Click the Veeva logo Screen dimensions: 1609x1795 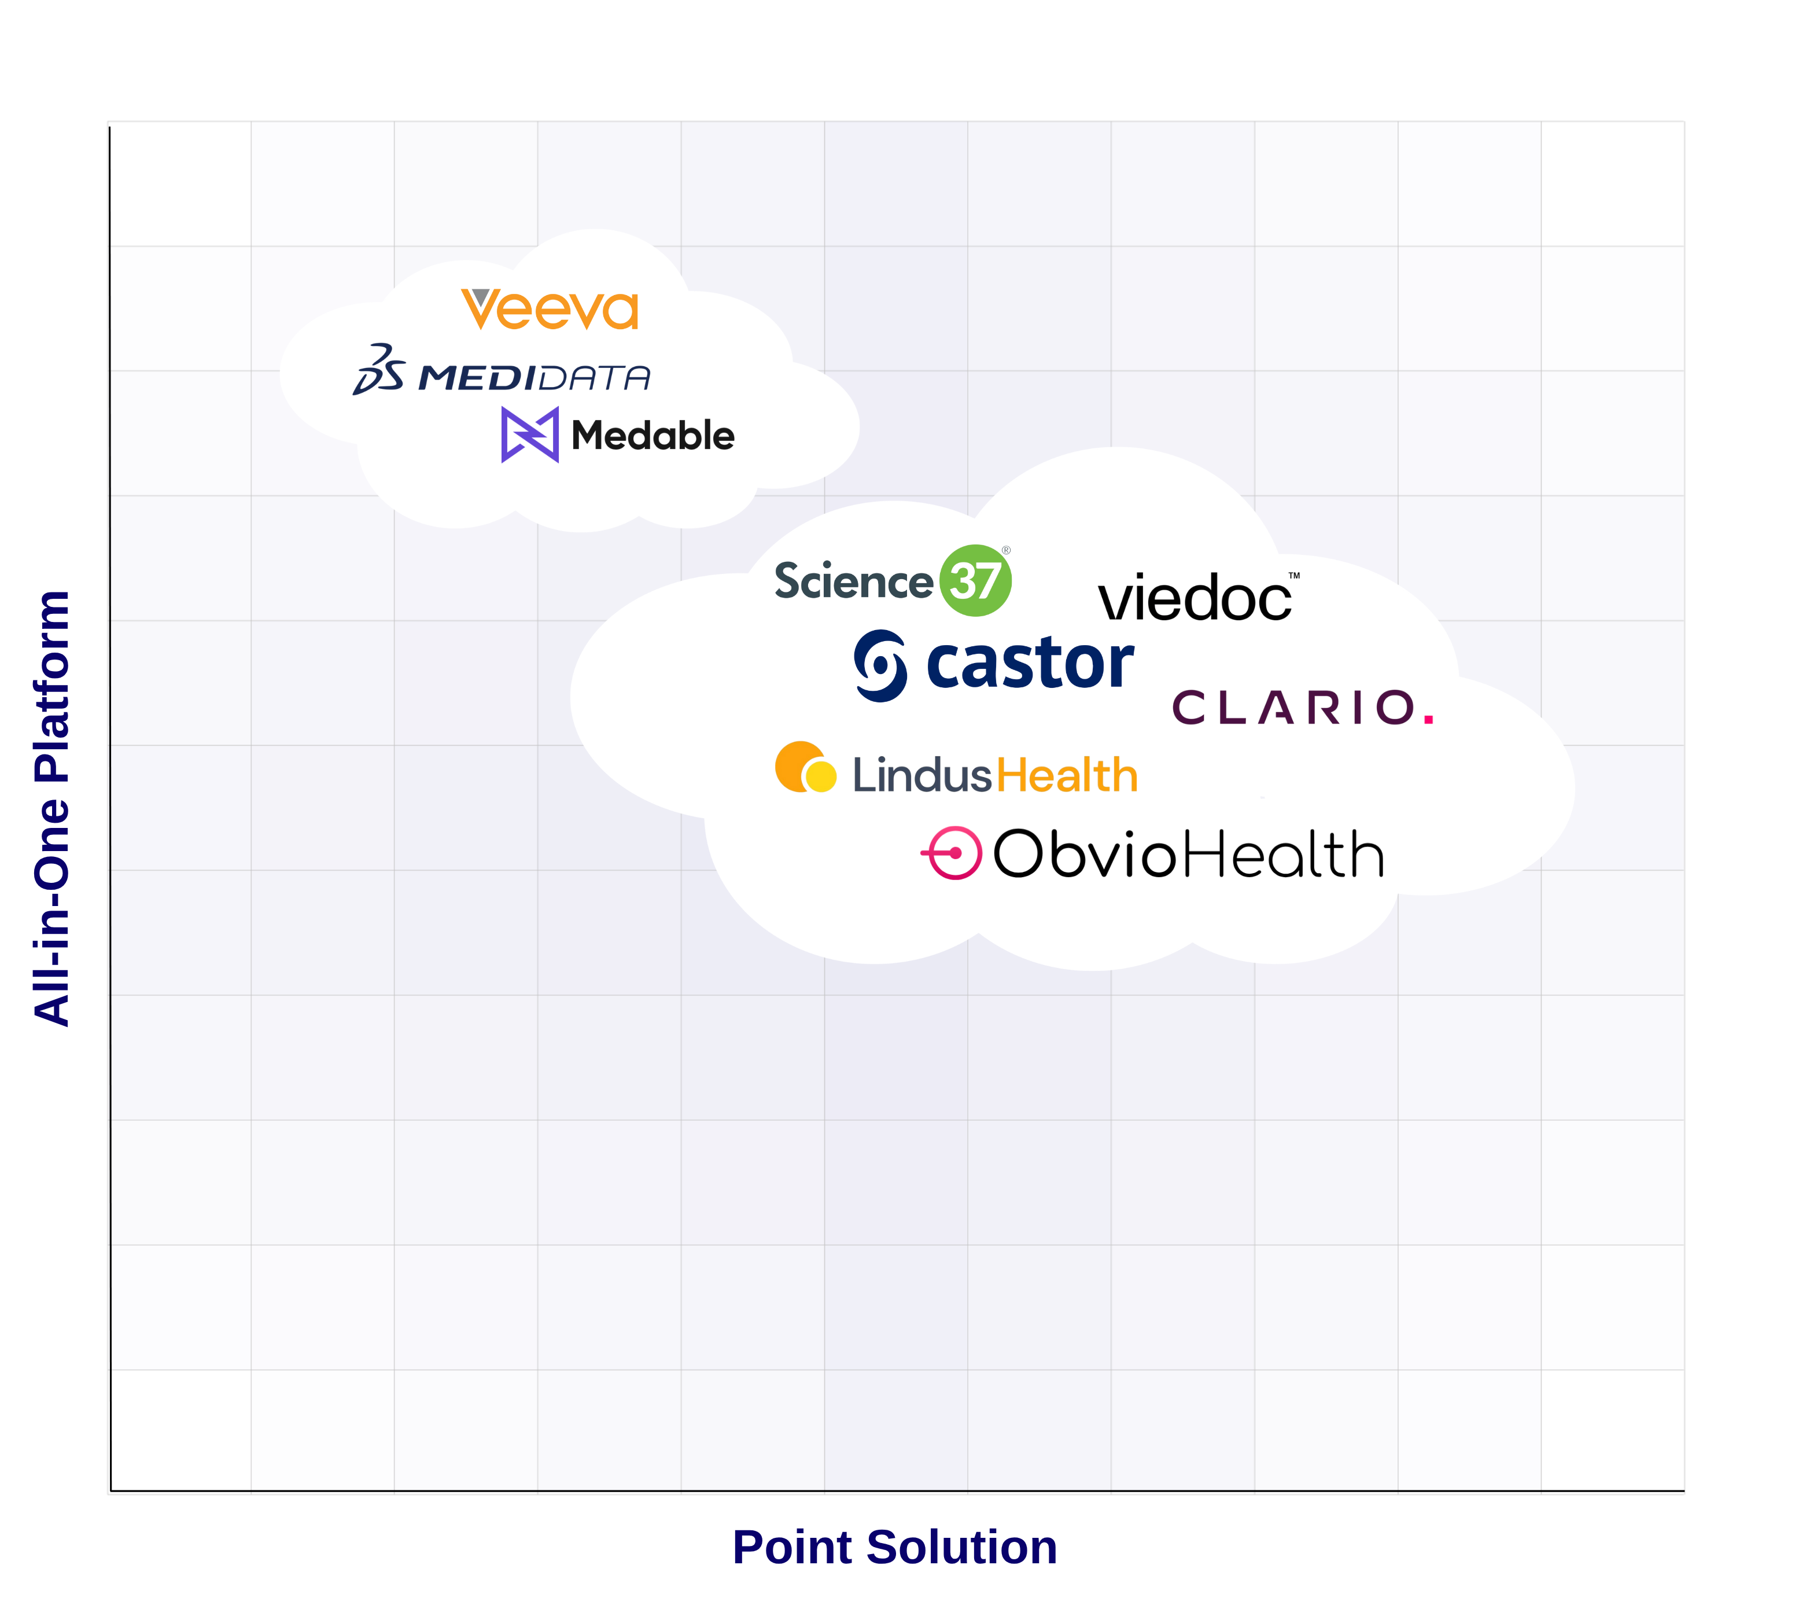(550, 310)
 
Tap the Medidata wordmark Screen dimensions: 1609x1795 (534, 378)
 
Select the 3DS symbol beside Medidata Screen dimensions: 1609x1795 (379, 370)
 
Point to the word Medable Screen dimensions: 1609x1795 (653, 436)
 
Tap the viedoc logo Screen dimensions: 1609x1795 (1195, 598)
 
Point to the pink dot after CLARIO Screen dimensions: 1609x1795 (1428, 720)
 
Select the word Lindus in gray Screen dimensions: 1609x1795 (922, 775)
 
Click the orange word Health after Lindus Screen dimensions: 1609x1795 (1067, 775)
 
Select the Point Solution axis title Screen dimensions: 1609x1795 (894, 1547)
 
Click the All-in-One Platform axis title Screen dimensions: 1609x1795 (51, 808)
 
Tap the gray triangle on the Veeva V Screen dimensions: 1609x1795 (481, 297)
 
